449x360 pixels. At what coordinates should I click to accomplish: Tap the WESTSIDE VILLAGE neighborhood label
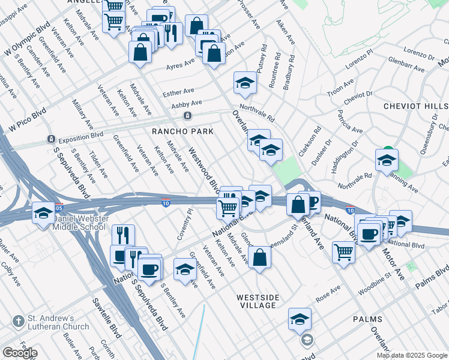click(x=257, y=301)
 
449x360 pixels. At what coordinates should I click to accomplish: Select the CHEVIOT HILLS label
click(x=415, y=106)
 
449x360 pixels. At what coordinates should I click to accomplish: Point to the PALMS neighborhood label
click(x=367, y=320)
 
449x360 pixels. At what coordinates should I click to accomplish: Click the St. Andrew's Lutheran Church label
click(x=58, y=322)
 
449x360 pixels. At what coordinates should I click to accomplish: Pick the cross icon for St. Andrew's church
click(x=18, y=322)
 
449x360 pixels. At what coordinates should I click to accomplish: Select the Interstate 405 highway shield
click(x=58, y=207)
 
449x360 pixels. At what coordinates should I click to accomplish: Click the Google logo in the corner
click(x=20, y=353)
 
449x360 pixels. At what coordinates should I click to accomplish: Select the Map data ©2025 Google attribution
click(x=411, y=355)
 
